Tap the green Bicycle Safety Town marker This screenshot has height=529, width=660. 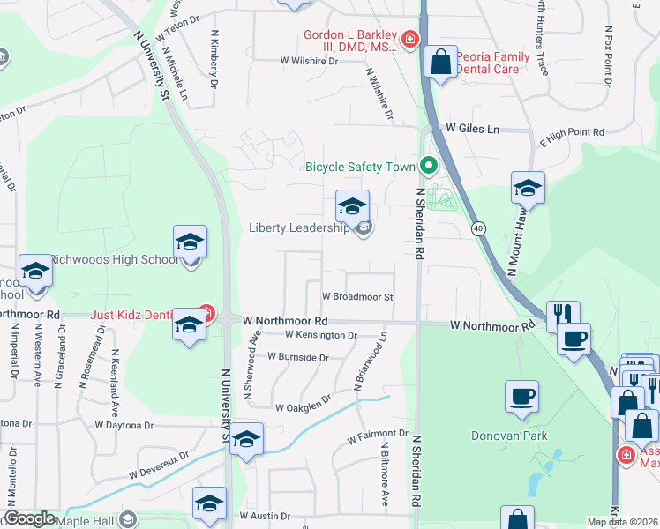[429, 165]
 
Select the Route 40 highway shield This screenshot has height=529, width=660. [477, 227]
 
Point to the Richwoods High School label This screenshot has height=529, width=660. [114, 259]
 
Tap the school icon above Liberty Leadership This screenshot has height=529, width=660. [352, 208]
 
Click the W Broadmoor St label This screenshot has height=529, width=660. [356, 297]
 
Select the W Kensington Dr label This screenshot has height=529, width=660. [321, 335]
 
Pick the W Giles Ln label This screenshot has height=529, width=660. [472, 129]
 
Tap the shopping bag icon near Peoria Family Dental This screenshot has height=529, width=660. [440, 63]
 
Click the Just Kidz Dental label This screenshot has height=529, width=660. [143, 314]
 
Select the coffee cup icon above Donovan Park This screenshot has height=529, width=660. [522, 397]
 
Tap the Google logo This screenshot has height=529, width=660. [29, 518]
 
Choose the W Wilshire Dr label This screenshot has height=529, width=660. [309, 61]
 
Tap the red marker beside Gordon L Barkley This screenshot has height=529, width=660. [409, 39]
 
